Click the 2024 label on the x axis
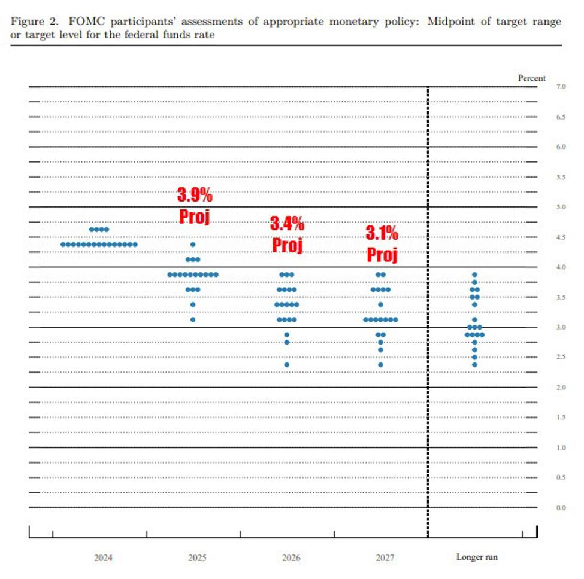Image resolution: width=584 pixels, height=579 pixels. coord(103,557)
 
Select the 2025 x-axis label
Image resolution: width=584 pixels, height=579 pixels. coord(197,557)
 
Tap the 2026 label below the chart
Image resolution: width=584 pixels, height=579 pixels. coord(291,557)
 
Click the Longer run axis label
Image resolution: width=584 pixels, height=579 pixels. coord(477,557)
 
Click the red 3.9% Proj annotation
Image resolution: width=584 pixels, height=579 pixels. coord(195,206)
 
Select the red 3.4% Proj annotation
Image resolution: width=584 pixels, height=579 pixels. coord(288,234)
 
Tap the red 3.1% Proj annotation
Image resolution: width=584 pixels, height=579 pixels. coord(382,244)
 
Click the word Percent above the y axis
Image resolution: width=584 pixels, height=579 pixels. coord(531,78)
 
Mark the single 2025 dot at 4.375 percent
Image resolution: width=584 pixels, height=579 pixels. coord(193,245)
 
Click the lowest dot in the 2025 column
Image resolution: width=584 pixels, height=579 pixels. coord(193,319)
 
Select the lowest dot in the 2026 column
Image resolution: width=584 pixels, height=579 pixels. coord(287,364)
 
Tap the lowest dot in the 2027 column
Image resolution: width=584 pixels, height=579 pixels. coord(381,364)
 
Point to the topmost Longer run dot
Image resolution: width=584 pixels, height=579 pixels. coord(474,275)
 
